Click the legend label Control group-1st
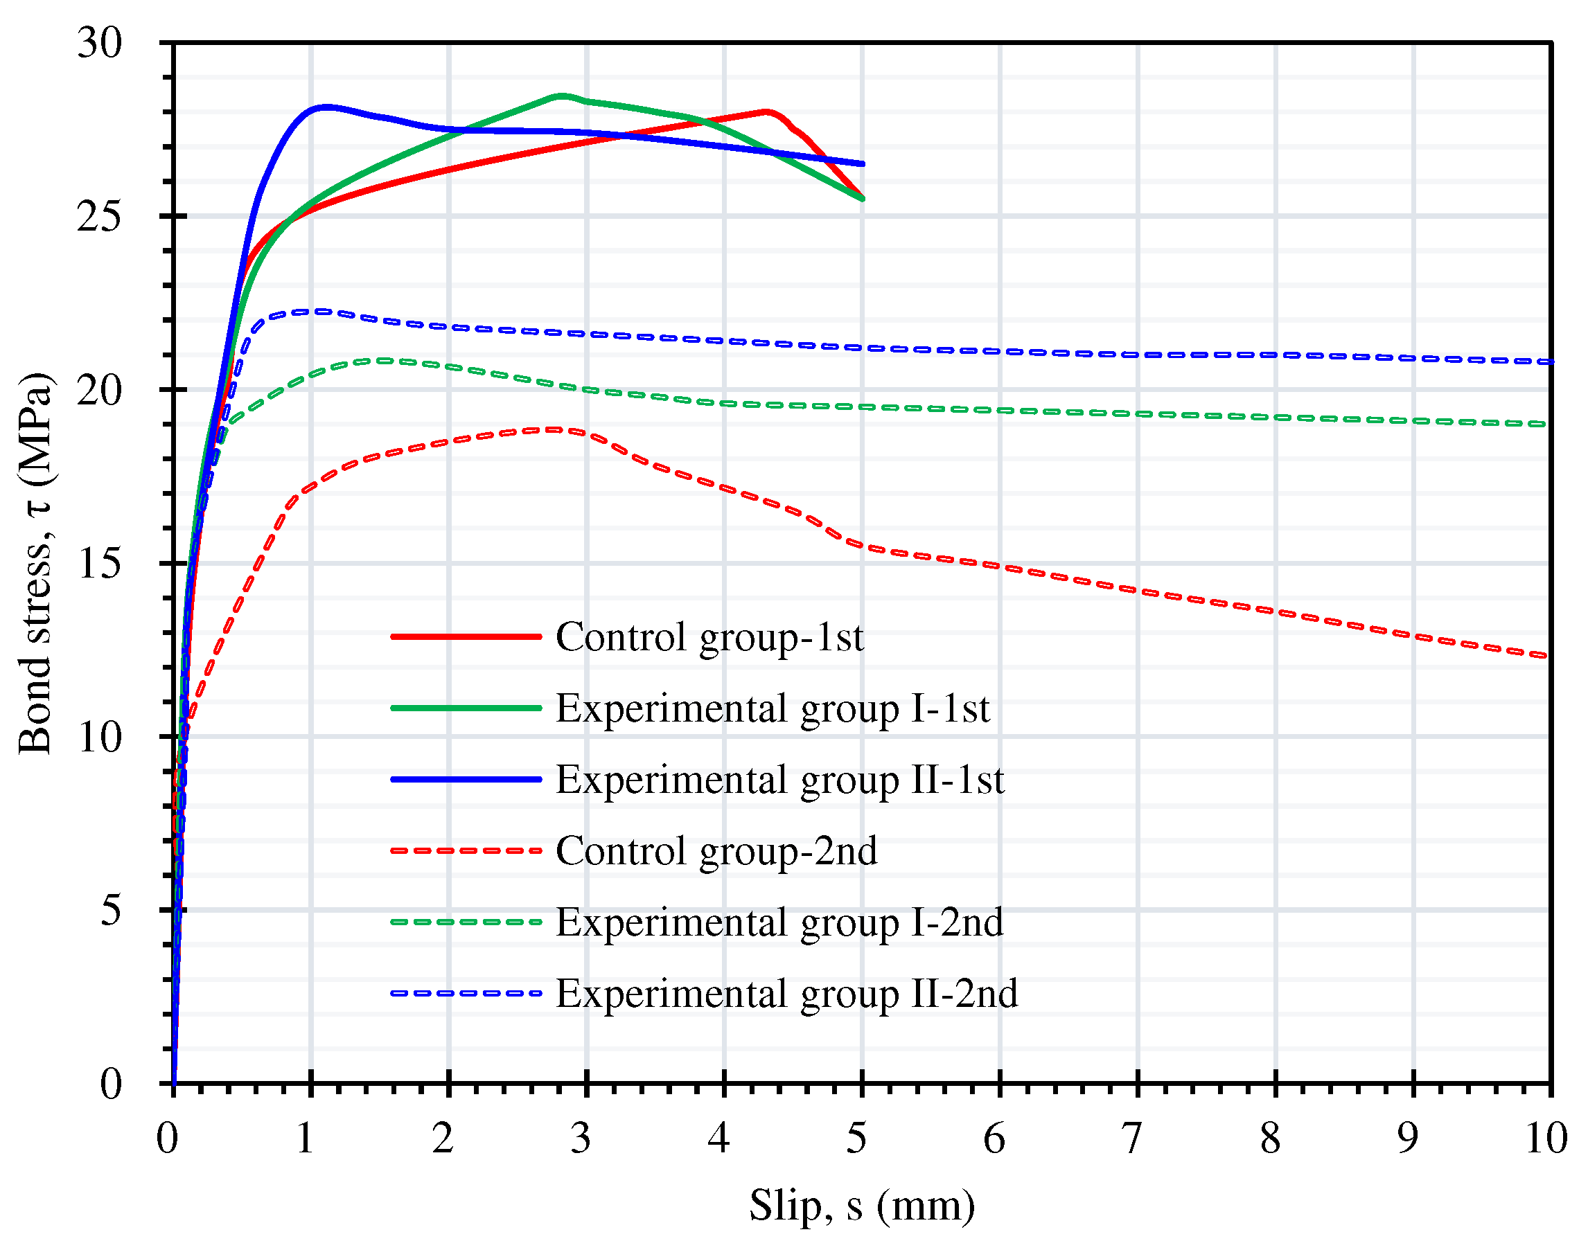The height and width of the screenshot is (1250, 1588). point(709,636)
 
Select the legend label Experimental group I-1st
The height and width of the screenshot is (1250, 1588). point(772,708)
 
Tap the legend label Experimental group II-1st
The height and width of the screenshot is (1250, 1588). point(779,779)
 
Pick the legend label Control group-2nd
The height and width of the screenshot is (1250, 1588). point(715,850)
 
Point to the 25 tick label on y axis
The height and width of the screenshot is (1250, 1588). point(99,217)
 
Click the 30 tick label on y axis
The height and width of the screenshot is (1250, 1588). point(99,43)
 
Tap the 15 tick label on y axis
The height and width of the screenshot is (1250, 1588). point(99,564)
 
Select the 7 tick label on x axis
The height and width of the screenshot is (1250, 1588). point(1131,1138)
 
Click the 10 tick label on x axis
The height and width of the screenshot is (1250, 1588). point(1546,1138)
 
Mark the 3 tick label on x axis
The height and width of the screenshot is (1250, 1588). point(581,1138)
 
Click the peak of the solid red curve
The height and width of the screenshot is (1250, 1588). point(766,111)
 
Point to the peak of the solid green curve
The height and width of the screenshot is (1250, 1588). point(561,95)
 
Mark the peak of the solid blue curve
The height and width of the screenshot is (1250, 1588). point(326,107)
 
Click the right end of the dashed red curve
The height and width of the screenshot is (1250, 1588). point(1546,656)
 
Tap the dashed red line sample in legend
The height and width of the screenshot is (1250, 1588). point(466,850)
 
